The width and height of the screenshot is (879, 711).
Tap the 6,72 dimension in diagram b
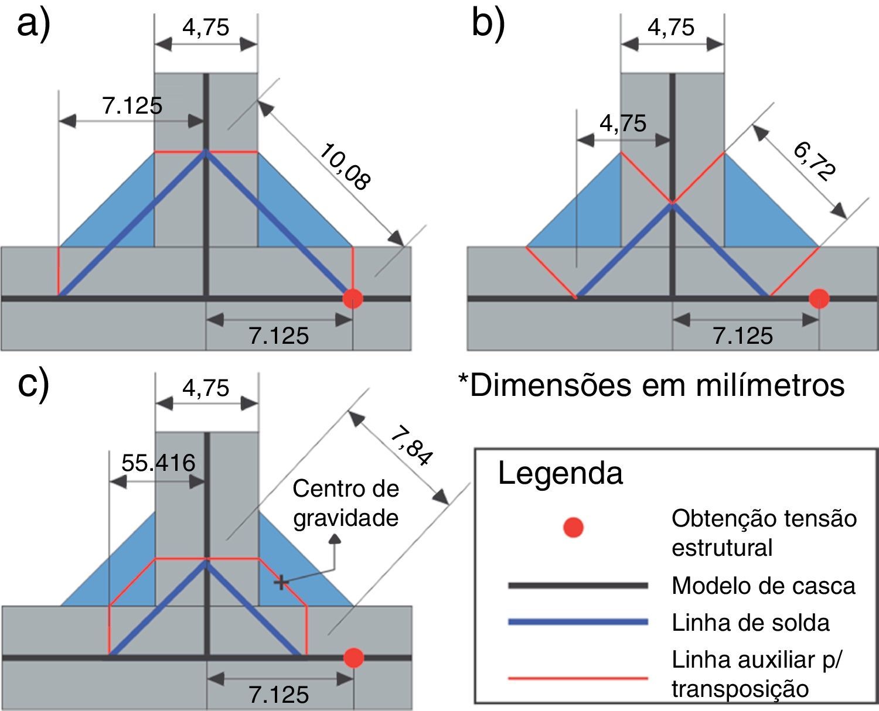(x=815, y=161)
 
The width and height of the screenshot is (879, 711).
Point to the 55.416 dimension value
(x=158, y=463)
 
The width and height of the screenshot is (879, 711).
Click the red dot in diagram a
(x=353, y=298)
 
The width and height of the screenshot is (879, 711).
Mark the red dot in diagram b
(x=819, y=298)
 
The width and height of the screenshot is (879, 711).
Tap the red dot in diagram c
(x=353, y=657)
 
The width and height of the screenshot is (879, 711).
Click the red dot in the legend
(x=573, y=527)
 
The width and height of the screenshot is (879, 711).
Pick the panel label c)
(x=33, y=384)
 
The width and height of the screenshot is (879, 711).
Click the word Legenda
(x=560, y=473)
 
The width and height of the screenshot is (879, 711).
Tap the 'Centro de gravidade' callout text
(x=346, y=503)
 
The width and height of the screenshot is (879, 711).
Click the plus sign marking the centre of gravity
(x=281, y=582)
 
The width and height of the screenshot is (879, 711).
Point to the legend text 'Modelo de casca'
(x=764, y=585)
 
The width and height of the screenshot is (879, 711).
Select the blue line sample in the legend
(x=578, y=622)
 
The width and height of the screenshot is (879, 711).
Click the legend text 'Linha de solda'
(x=751, y=623)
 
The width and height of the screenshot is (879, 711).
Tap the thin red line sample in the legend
(x=578, y=678)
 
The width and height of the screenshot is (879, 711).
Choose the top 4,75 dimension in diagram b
(x=672, y=28)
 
